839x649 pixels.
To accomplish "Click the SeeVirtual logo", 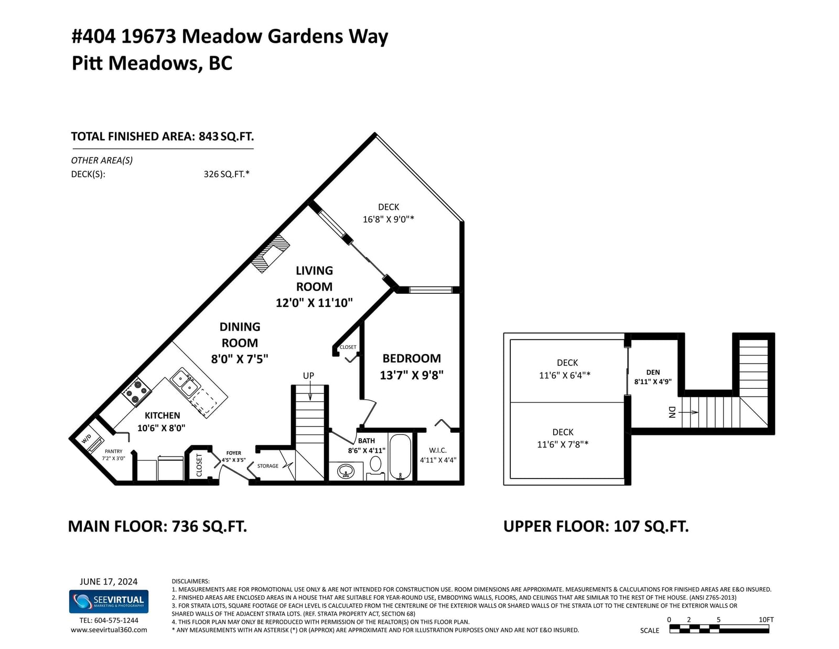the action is coord(109,601).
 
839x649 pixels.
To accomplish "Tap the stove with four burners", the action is coord(136,390).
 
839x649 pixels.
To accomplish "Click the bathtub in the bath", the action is coord(401,456).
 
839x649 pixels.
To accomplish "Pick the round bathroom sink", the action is coord(346,471).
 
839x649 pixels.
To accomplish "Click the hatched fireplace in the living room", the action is coord(270,253).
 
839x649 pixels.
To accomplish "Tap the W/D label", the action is coord(87,439).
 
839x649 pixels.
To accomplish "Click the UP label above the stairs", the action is coord(308,376).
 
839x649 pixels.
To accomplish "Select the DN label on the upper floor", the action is coord(672,412).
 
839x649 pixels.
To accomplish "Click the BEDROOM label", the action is coord(412,358).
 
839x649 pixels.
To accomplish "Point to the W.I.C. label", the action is coord(438,451).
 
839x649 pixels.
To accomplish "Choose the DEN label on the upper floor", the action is coord(653,373).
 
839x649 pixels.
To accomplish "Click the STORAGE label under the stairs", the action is coord(268,466).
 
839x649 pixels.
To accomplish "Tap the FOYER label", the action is coord(233,453).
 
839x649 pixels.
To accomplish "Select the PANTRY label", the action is coord(113,451).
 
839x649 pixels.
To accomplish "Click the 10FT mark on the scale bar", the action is coord(766,620).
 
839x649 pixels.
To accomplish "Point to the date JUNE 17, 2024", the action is coord(109,581).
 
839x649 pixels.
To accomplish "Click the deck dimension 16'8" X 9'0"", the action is coord(389,219).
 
